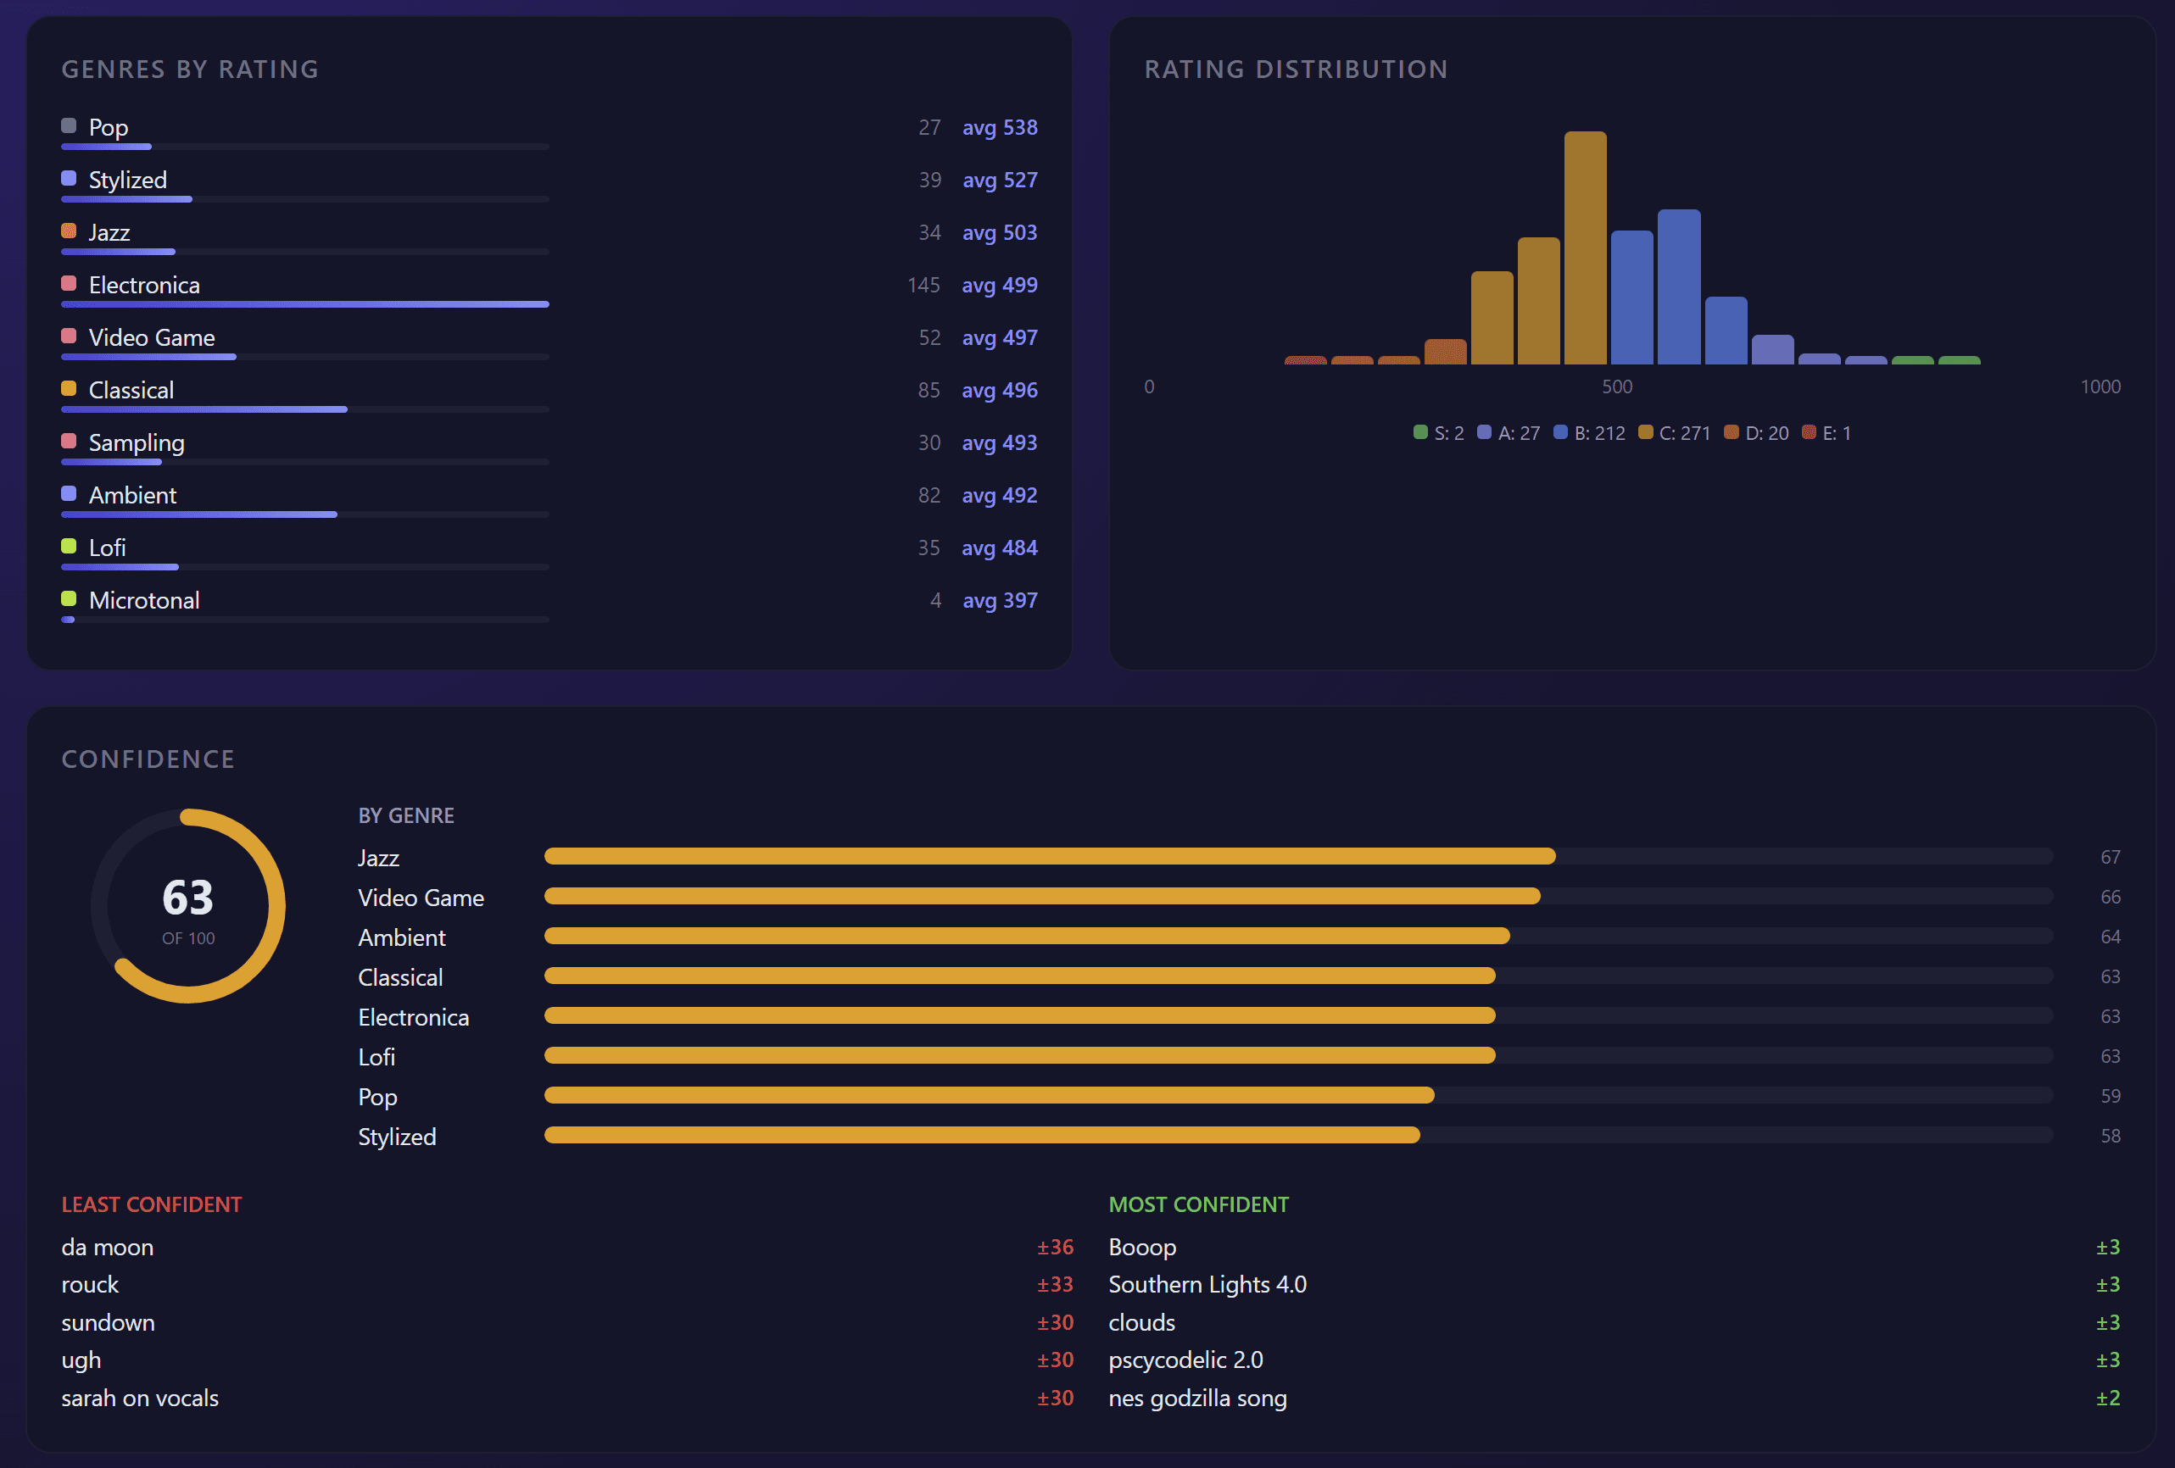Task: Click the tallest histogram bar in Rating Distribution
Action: point(1585,248)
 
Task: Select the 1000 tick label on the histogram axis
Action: point(2100,386)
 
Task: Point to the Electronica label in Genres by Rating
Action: point(144,286)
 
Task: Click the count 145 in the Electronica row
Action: point(923,286)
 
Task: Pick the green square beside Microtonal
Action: point(69,598)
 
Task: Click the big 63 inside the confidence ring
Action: point(187,898)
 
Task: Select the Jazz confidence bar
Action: point(1048,856)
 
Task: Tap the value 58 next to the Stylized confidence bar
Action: point(2110,1136)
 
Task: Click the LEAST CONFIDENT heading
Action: point(152,1204)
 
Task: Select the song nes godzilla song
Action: point(1197,1398)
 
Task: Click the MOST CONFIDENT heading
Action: point(1198,1204)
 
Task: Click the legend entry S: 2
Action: point(1438,433)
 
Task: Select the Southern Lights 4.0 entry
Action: point(1207,1285)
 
